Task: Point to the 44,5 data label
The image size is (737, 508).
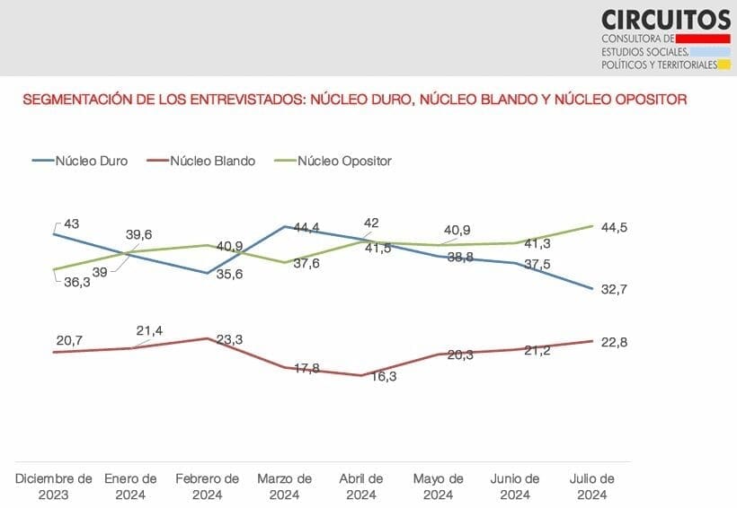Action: pos(615,228)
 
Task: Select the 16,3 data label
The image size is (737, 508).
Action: pos(383,377)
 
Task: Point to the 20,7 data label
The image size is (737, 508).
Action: pos(68,339)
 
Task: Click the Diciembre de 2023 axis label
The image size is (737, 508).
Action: pos(55,486)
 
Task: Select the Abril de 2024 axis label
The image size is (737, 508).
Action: pos(361,486)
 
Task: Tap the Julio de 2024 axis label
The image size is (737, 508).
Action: pos(592,486)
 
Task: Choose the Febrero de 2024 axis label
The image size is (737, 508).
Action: pos(208,486)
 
